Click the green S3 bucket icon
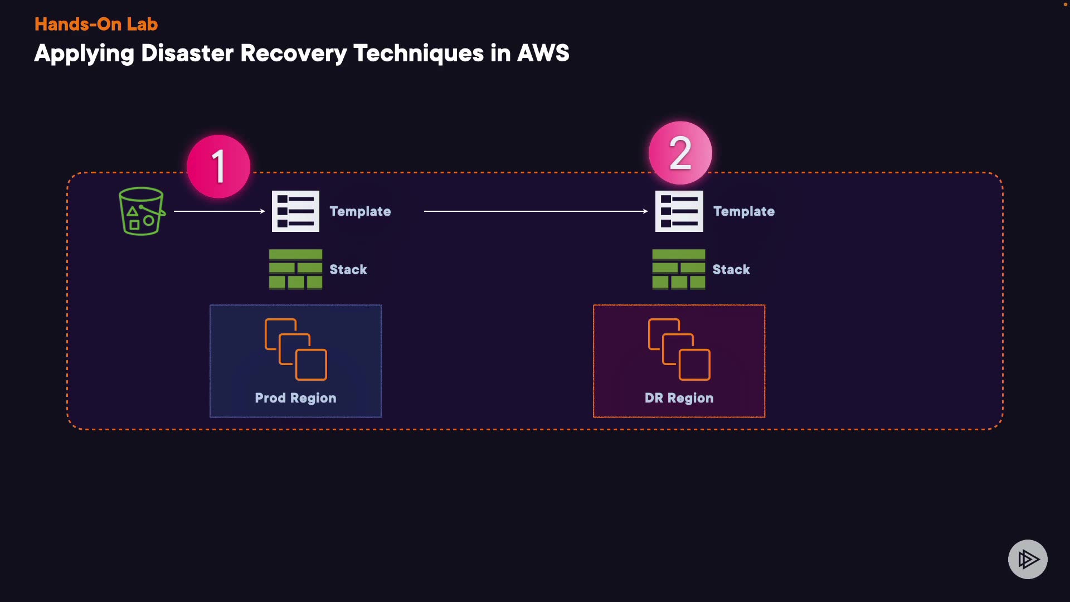pyautogui.click(x=142, y=211)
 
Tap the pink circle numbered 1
pyautogui.click(x=218, y=166)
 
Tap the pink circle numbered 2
pyautogui.click(x=680, y=153)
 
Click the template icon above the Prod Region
pyautogui.click(x=295, y=211)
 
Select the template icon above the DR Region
pyautogui.click(x=679, y=211)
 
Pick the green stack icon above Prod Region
pyautogui.click(x=295, y=269)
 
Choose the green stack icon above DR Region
pyautogui.click(x=678, y=269)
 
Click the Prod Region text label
pyautogui.click(x=295, y=398)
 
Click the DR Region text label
pyautogui.click(x=679, y=398)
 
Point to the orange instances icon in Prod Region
pyautogui.click(x=295, y=349)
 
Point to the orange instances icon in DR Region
pyautogui.click(x=679, y=349)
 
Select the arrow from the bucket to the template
pyautogui.click(x=219, y=211)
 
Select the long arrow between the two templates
pyautogui.click(x=535, y=211)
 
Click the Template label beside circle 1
pyautogui.click(x=360, y=211)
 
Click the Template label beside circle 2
pyautogui.click(x=743, y=211)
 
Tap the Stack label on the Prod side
pyautogui.click(x=348, y=270)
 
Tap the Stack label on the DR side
pyautogui.click(x=731, y=270)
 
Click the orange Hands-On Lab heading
pyautogui.click(x=96, y=24)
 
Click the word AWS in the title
pyautogui.click(x=543, y=54)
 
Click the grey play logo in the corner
pyautogui.click(x=1028, y=559)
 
